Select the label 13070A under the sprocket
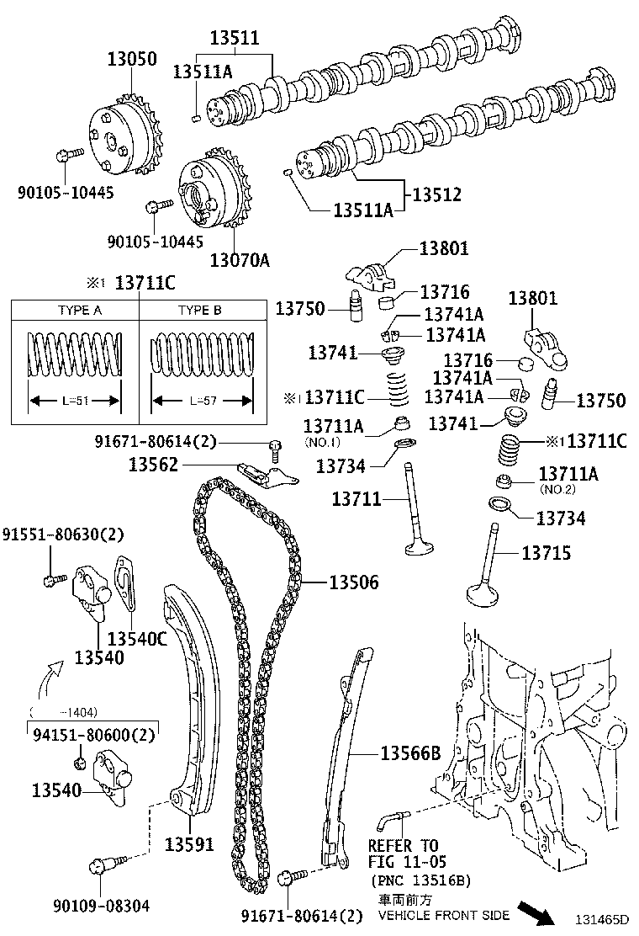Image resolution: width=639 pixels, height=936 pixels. [240, 260]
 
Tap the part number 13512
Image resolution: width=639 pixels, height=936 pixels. [437, 194]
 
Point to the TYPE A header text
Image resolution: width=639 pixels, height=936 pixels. [80, 310]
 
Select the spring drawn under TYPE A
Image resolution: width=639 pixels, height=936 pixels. [75, 354]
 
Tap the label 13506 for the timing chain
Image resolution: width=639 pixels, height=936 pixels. [353, 582]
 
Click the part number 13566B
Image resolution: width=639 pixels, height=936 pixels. [410, 754]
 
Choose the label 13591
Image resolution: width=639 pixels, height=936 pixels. [189, 844]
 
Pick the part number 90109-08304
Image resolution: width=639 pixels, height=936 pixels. [101, 906]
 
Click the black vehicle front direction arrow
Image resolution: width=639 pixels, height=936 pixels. [536, 912]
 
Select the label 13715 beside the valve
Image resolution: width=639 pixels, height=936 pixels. [547, 553]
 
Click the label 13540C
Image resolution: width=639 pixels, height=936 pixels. [138, 639]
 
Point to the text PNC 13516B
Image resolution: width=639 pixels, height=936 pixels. [421, 880]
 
